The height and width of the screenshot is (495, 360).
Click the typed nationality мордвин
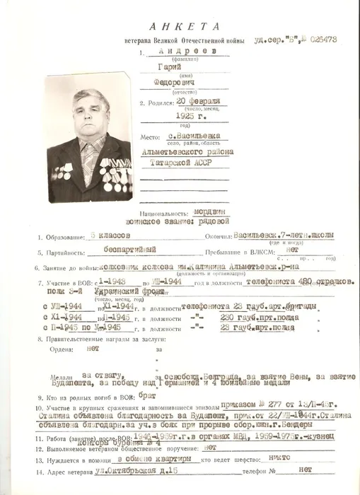pyautogui.click(x=207, y=210)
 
